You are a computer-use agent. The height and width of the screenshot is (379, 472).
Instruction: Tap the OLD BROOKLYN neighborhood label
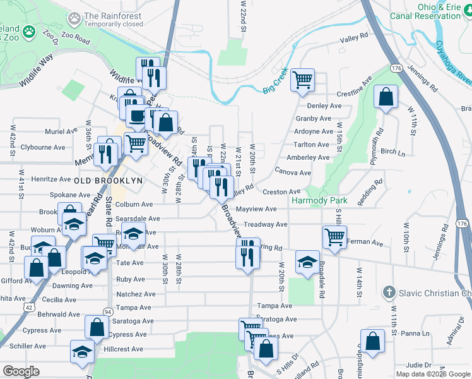[107, 181]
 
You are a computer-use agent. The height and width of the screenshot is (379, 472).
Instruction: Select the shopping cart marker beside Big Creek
[303, 79]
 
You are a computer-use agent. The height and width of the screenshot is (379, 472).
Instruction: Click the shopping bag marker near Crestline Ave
[385, 97]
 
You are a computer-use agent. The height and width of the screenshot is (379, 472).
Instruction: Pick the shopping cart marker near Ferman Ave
[334, 237]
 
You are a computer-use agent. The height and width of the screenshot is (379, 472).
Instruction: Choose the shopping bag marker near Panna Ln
[372, 340]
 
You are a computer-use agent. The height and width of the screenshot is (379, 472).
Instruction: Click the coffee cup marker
[137, 115]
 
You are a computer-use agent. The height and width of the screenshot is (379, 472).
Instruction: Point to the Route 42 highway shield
[30, 307]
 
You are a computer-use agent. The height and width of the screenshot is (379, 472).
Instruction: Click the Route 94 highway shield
[108, 312]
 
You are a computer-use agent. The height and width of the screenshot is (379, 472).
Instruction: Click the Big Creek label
[275, 81]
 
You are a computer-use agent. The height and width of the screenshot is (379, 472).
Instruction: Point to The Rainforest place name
[113, 16]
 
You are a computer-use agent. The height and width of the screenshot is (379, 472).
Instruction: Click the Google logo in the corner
[21, 371]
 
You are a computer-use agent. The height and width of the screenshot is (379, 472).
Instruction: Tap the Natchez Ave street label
[136, 294]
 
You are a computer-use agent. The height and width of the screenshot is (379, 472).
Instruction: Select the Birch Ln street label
[392, 152]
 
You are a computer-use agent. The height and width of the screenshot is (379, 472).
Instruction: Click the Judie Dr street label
[418, 364]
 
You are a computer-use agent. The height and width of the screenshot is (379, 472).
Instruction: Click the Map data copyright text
[433, 374]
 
